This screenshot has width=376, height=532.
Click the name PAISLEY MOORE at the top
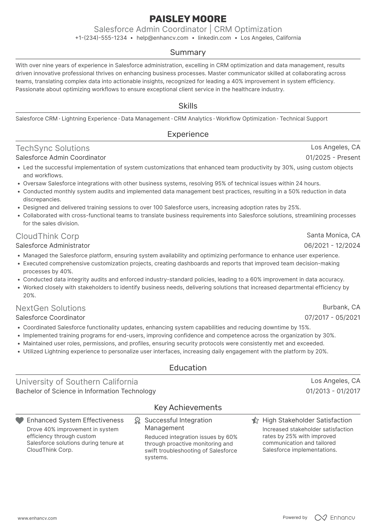(188, 19)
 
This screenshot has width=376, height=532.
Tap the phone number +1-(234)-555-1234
(101, 38)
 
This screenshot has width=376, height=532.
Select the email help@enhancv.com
(162, 38)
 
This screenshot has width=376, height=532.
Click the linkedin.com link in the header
(214, 38)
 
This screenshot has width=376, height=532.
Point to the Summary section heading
(188, 52)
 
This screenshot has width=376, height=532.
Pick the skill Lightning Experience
(89, 119)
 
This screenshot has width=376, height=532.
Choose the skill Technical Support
(303, 119)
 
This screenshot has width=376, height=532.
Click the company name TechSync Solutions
(53, 148)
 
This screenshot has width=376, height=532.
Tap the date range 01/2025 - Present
(333, 158)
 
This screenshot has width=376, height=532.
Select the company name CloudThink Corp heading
(47, 236)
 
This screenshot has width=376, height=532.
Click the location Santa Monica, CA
(333, 235)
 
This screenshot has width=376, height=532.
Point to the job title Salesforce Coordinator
(50, 318)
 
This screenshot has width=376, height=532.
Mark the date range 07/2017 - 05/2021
(332, 318)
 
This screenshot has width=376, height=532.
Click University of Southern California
(77, 382)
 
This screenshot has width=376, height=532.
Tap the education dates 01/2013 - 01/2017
(333, 391)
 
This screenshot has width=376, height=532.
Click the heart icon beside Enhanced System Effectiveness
(19, 421)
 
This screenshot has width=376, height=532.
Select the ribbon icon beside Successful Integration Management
(137, 421)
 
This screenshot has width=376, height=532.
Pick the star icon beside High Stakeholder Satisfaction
(255, 421)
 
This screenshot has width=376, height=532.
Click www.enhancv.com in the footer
(37, 518)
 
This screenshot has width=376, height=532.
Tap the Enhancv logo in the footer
(335, 518)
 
